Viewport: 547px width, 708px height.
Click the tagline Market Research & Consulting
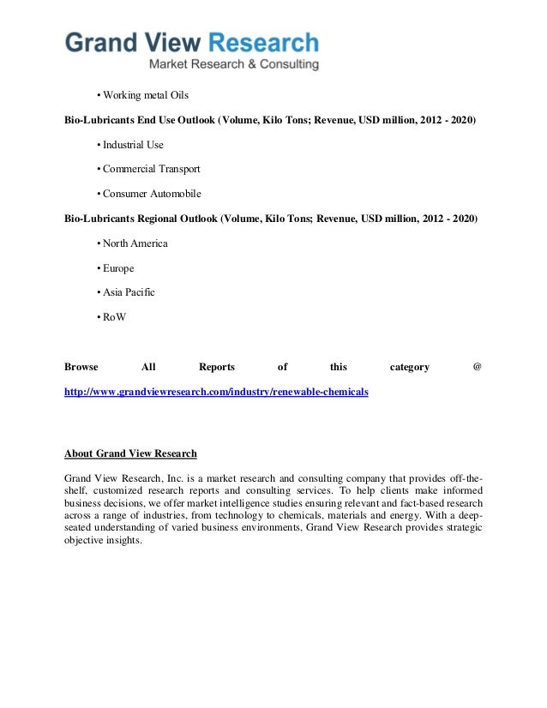234,64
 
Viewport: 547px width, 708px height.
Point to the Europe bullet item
118,268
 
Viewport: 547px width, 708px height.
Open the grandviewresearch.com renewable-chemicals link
216,391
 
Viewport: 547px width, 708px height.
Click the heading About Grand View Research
130,453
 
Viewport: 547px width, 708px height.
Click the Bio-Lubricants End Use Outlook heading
270,119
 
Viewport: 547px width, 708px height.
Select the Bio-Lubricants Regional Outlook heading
270,219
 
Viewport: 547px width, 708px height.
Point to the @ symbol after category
477,367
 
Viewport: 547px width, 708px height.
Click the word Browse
81,367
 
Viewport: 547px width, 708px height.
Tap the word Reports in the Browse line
216,367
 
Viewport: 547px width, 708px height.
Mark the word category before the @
409,367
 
